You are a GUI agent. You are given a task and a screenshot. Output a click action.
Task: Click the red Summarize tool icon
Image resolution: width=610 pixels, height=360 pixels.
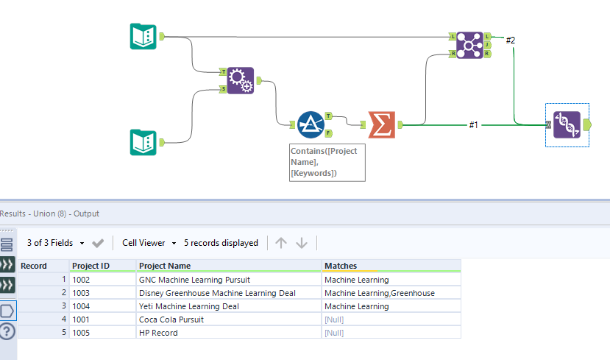[381, 125]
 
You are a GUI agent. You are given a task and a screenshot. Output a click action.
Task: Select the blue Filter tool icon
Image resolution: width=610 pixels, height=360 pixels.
[310, 125]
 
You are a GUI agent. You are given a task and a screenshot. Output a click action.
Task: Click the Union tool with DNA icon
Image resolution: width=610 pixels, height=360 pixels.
[567, 125]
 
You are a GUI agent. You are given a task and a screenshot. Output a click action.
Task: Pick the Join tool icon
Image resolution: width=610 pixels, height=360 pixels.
[469, 45]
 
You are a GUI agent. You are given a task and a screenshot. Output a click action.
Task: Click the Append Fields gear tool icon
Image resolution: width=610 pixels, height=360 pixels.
[240, 80]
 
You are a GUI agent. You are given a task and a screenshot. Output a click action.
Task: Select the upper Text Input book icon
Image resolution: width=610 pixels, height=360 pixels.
[143, 36]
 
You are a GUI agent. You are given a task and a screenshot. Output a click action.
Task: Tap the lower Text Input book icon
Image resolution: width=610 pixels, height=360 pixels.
[143, 142]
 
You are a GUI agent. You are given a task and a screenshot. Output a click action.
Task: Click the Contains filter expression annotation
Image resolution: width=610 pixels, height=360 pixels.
[327, 162]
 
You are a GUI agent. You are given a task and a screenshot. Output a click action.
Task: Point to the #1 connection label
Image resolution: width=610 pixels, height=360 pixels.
[473, 125]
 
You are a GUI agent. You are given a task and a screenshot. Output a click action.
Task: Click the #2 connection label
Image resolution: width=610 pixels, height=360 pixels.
[511, 40]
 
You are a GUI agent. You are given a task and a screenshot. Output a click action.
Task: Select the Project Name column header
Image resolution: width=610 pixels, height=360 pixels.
[165, 266]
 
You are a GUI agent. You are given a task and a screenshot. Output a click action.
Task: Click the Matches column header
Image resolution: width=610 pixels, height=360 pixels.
[341, 266]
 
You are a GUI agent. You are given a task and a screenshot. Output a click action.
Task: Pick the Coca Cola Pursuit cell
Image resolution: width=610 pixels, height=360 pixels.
[171, 320]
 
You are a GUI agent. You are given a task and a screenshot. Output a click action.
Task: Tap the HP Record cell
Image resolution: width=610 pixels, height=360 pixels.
[158, 333]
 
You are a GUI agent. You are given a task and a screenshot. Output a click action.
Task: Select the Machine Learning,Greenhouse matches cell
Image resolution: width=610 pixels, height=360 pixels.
[379, 293]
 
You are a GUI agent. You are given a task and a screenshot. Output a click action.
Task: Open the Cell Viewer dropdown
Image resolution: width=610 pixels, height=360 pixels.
[149, 243]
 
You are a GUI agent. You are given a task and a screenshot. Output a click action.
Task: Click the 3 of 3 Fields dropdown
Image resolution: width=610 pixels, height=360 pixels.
[55, 243]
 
